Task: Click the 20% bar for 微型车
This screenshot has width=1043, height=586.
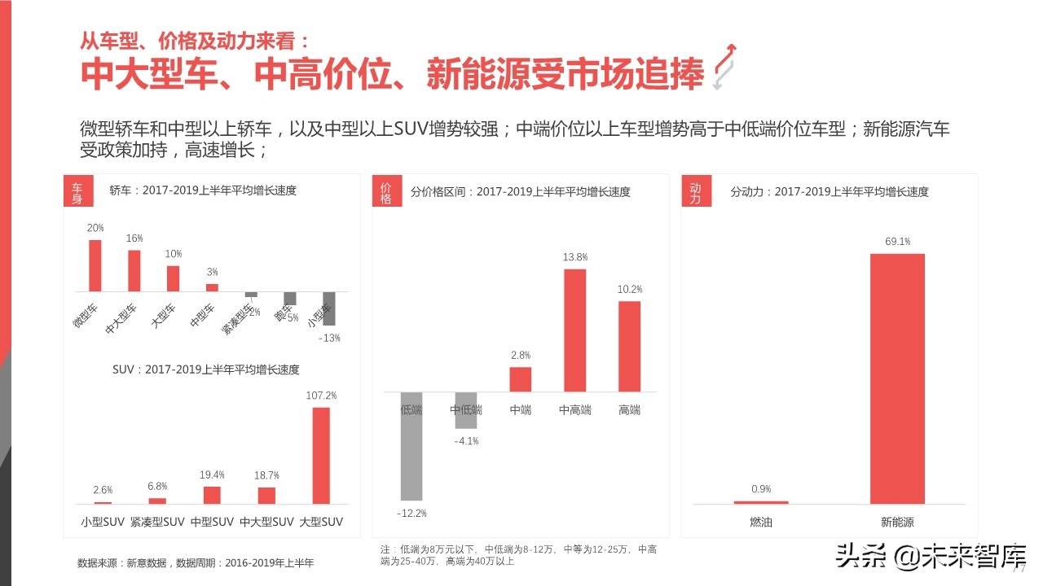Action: click(95, 265)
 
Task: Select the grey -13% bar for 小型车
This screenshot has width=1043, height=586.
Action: click(329, 308)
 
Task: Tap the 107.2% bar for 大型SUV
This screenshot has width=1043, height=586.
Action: click(321, 455)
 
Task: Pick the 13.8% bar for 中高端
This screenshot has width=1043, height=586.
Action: click(575, 330)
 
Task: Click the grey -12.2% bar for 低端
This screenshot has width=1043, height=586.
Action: click(411, 446)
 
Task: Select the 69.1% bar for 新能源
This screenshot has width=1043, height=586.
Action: click(897, 378)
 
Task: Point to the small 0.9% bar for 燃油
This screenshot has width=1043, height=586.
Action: click(761, 502)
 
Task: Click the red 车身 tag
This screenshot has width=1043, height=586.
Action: click(77, 192)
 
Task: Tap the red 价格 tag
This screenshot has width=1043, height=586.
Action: click(386, 192)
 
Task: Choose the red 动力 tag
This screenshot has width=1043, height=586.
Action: click(695, 192)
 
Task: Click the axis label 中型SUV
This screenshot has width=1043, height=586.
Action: click(212, 522)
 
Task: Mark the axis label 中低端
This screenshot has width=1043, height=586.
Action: click(466, 410)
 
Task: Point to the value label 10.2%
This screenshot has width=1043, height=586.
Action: click(630, 289)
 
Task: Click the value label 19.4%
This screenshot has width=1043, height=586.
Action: click(212, 474)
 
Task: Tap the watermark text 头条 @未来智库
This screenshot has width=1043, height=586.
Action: click(930, 558)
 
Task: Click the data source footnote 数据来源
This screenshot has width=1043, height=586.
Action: click(196, 563)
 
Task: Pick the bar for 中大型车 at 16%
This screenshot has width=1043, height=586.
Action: click(134, 270)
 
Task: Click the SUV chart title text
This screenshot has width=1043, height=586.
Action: click(206, 370)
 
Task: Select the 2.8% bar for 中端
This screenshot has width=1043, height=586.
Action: click(521, 379)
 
